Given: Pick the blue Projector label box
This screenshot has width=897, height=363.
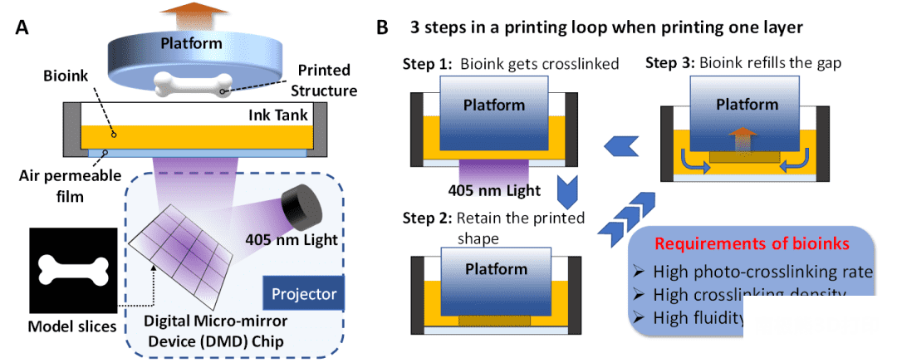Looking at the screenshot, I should click(304, 293).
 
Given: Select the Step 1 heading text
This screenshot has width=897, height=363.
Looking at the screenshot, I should click(428, 64).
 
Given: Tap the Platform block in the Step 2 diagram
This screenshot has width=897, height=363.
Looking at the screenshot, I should click(495, 270).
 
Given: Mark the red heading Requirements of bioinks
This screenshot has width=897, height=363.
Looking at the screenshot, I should click(751, 243).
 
